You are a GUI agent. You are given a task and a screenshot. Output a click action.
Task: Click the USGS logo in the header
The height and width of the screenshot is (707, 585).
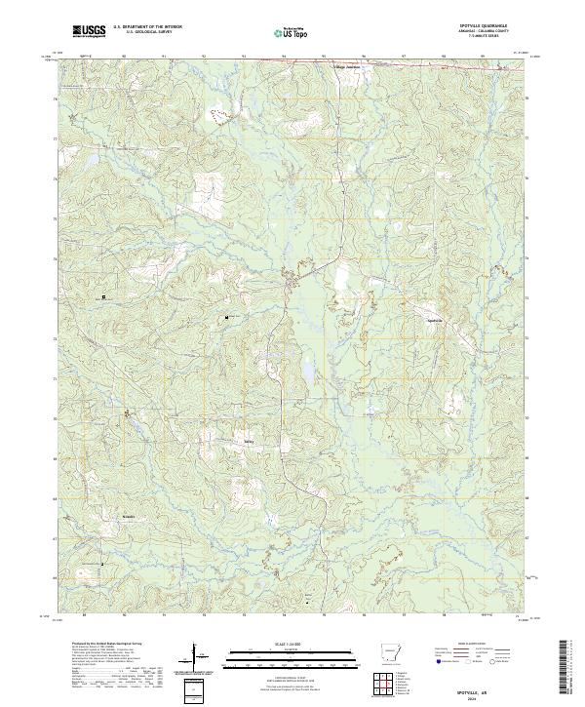click(x=89, y=31)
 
